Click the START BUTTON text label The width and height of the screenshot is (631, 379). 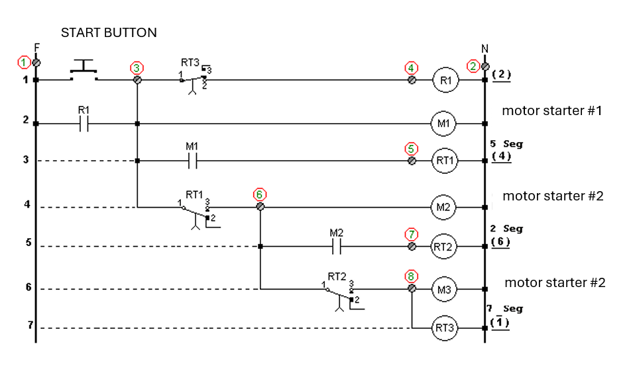109,32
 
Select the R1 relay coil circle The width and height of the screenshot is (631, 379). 445,80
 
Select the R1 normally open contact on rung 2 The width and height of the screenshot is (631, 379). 84,123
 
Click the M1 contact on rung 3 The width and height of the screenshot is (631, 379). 192,161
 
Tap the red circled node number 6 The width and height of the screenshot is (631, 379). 260,194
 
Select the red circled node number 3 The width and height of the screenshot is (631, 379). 136,67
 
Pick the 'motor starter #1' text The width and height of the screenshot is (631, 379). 551,110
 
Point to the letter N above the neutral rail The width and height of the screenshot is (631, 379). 485,49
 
